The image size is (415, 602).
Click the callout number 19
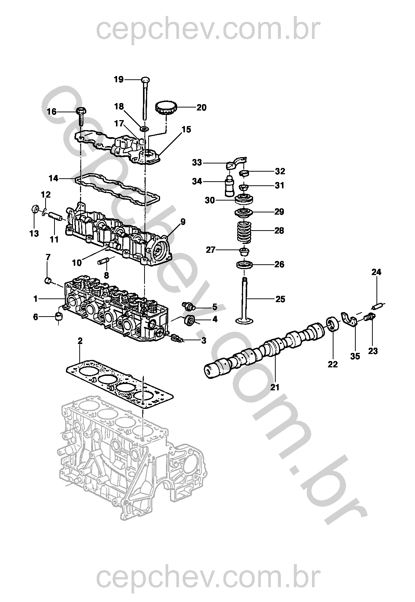pyautogui.click(x=119, y=80)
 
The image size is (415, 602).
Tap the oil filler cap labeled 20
pyautogui.click(x=166, y=108)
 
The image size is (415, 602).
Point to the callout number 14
pyautogui.click(x=53, y=178)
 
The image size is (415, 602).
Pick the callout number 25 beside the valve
pyautogui.click(x=280, y=299)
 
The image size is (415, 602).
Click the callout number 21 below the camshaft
pyautogui.click(x=275, y=387)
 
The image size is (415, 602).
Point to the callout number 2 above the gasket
pyautogui.click(x=80, y=341)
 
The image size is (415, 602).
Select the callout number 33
pyautogui.click(x=197, y=163)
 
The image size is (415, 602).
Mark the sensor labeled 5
pyautogui.click(x=188, y=305)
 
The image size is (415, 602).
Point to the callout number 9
pyautogui.click(x=183, y=222)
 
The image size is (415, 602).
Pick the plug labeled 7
pyautogui.click(x=48, y=281)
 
